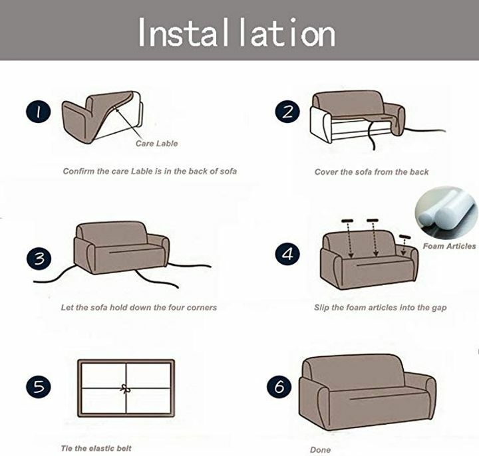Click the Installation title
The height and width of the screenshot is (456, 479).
pos(237,33)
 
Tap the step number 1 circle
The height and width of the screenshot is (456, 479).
pos(38,112)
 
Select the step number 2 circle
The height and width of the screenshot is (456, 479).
pos(287,112)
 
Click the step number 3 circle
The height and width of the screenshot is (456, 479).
pos(39,259)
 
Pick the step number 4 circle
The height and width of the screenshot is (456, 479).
pos(287,254)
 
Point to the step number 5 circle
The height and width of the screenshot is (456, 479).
pos(39,387)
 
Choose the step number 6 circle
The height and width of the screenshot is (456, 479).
pos(279,386)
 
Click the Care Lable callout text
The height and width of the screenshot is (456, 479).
pos(157,144)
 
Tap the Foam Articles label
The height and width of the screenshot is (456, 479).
pos(449,246)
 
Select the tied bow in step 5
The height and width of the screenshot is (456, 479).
pos(125,389)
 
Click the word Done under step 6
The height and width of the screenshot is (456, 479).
pos(320,449)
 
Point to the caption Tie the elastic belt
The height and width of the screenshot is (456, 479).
pos(96,449)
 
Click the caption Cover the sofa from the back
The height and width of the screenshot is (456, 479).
pos(371,172)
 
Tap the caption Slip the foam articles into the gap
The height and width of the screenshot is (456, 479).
pos(381,307)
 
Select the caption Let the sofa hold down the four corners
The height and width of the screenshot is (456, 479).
pos(138,307)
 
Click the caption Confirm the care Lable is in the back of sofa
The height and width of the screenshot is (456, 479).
pos(150,171)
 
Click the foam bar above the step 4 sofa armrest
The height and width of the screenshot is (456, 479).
pos(404,237)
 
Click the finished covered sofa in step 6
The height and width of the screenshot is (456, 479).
pos(367,392)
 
